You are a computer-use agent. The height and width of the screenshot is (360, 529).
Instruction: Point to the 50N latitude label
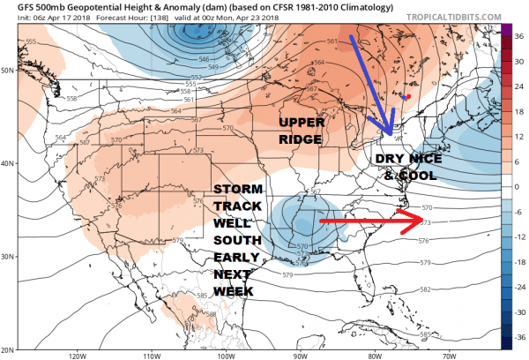pyautogui.click(x=9, y=70)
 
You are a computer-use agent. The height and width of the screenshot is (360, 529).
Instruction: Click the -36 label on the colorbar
pyautogui.click(x=519, y=336)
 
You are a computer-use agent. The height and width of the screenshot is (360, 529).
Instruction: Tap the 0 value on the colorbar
pyautogui.click(x=518, y=187)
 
